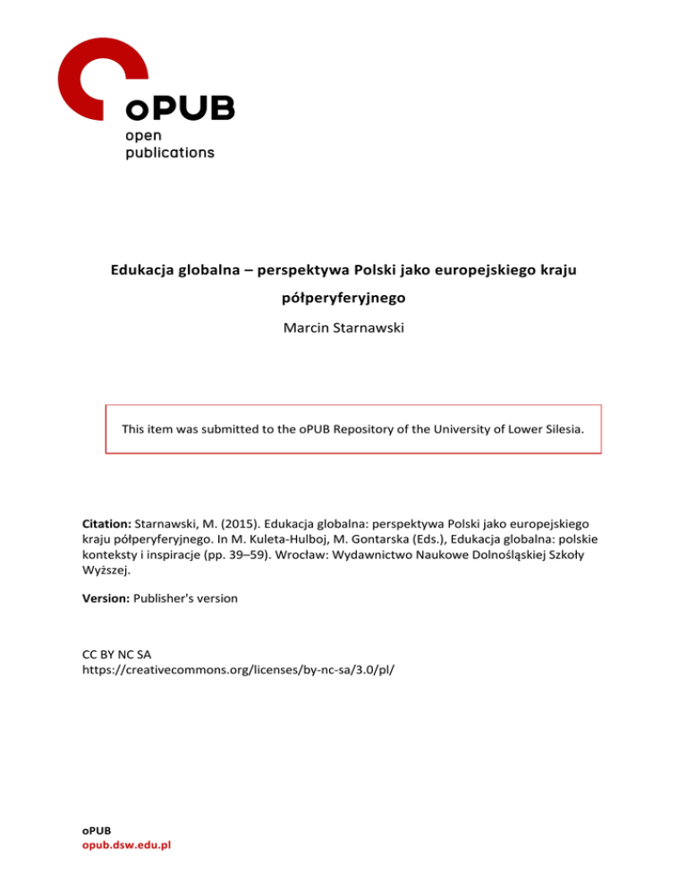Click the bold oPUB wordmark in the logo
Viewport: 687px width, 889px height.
click(x=180, y=108)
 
